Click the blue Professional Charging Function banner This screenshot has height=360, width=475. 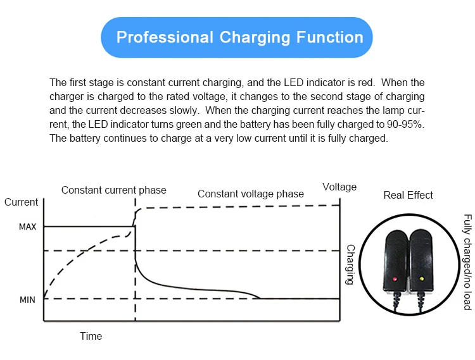pyautogui.click(x=237, y=37)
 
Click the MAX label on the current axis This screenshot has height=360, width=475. pyautogui.click(x=28, y=227)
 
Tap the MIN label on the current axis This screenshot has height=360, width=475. pyautogui.click(x=28, y=299)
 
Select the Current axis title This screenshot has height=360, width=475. pyautogui.click(x=22, y=202)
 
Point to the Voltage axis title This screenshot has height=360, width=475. pyautogui.click(x=339, y=187)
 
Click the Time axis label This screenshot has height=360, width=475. pyautogui.click(x=91, y=336)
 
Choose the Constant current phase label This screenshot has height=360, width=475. pyautogui.click(x=114, y=190)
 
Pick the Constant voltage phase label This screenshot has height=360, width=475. pyautogui.click(x=251, y=194)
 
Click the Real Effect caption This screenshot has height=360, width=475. pyautogui.click(x=408, y=195)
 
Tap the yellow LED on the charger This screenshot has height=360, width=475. pyautogui.click(x=420, y=278)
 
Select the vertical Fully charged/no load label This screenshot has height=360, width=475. pyautogui.click(x=467, y=262)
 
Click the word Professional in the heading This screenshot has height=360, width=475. pyautogui.click(x=165, y=37)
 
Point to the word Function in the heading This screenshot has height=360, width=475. pyautogui.click(x=330, y=37)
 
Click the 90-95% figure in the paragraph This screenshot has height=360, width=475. pyautogui.click(x=402, y=125)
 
